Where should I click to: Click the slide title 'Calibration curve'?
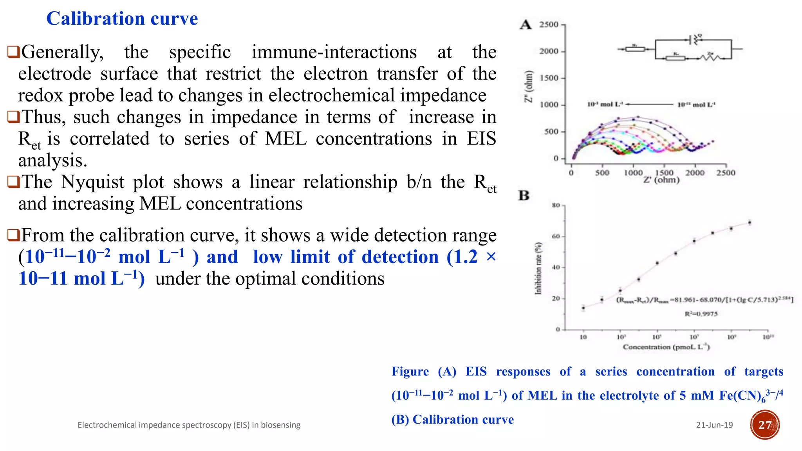pos(122,19)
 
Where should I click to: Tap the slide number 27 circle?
pos(765,425)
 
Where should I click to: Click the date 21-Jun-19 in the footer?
pos(714,425)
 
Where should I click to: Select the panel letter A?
pos(526,25)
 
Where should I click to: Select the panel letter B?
pos(524,195)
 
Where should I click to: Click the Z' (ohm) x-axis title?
pos(661,180)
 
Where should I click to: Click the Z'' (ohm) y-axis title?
pos(529,87)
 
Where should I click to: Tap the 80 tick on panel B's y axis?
pos(556,205)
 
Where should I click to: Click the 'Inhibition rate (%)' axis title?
pos(538,268)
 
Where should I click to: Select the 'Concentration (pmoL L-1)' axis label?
pos(666,347)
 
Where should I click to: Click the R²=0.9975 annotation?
pos(701,314)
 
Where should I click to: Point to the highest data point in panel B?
pos(750,223)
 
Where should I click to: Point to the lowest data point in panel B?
pos(583,308)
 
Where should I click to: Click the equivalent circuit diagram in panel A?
pos(680,49)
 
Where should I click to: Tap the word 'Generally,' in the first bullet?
pos(62,52)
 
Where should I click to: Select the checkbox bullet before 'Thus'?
pos(13,117)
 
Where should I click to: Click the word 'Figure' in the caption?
pos(410,372)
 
